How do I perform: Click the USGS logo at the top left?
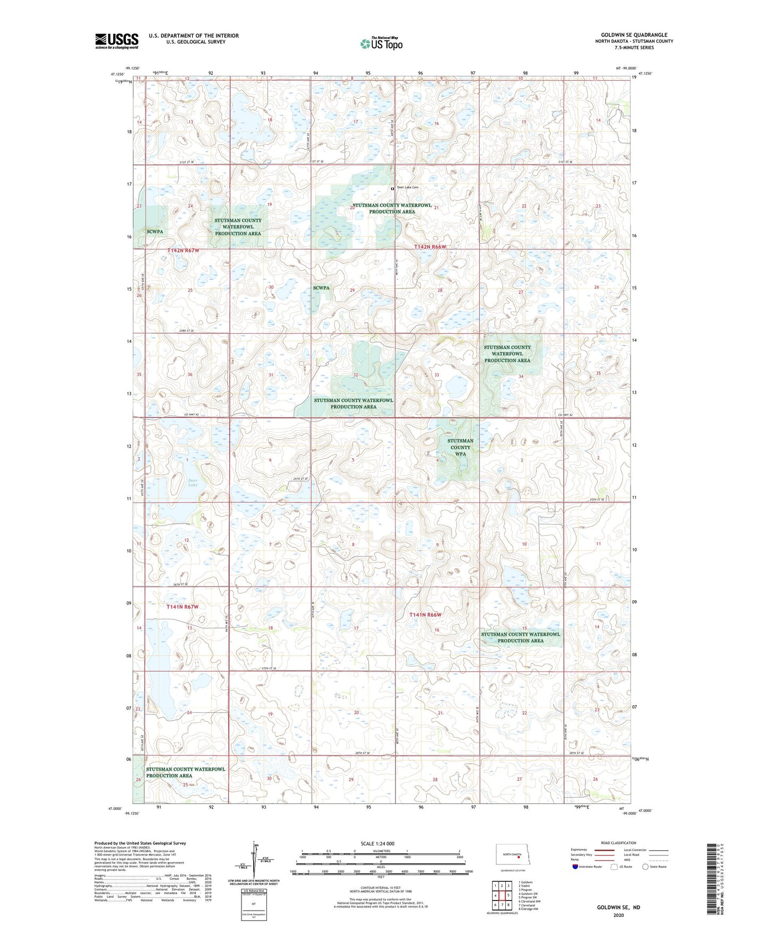click(x=116, y=41)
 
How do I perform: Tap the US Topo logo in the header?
click(x=381, y=43)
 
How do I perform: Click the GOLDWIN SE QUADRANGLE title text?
click(x=634, y=35)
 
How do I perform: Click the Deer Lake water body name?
click(x=193, y=483)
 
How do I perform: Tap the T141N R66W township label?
click(x=425, y=615)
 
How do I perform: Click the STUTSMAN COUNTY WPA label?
click(x=460, y=447)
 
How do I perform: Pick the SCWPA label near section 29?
click(x=321, y=288)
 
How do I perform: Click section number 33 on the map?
click(x=437, y=374)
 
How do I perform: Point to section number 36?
click(x=190, y=374)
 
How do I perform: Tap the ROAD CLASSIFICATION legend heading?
click(x=618, y=843)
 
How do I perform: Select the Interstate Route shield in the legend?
click(x=575, y=867)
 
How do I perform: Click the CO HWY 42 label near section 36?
click(x=192, y=414)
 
